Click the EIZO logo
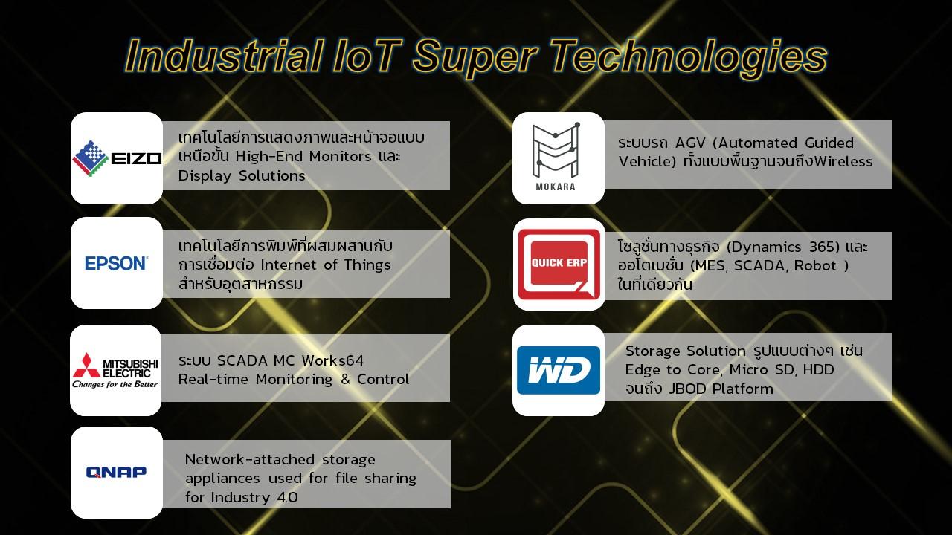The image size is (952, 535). (x=117, y=158)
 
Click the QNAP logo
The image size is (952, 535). (x=117, y=472)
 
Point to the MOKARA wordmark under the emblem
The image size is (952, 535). (x=556, y=187)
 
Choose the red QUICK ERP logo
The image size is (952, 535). (x=559, y=265)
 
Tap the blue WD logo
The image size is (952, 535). (x=559, y=370)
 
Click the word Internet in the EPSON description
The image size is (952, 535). (x=289, y=265)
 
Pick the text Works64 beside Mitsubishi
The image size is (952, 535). (x=332, y=360)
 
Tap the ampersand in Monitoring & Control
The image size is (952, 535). (x=345, y=379)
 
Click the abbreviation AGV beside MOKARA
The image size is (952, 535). (x=690, y=143)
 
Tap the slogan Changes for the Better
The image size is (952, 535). (x=115, y=385)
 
